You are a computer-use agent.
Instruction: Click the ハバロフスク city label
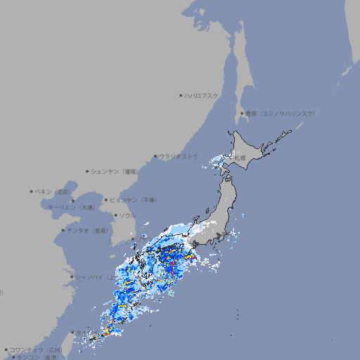(202, 95)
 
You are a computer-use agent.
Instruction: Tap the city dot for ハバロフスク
(181, 95)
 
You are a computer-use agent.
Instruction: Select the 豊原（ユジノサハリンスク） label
(280, 113)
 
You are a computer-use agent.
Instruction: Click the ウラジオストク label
(179, 156)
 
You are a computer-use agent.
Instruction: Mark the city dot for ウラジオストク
(155, 156)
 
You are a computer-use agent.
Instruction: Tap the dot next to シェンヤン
(88, 171)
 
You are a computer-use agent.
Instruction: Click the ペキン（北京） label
(54, 191)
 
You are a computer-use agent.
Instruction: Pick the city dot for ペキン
(32, 191)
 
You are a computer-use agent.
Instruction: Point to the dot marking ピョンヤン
(107, 200)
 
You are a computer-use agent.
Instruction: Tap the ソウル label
(127, 215)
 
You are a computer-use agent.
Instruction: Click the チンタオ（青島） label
(88, 230)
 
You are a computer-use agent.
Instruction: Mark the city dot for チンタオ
(63, 230)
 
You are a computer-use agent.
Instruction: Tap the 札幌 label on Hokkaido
(240, 158)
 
